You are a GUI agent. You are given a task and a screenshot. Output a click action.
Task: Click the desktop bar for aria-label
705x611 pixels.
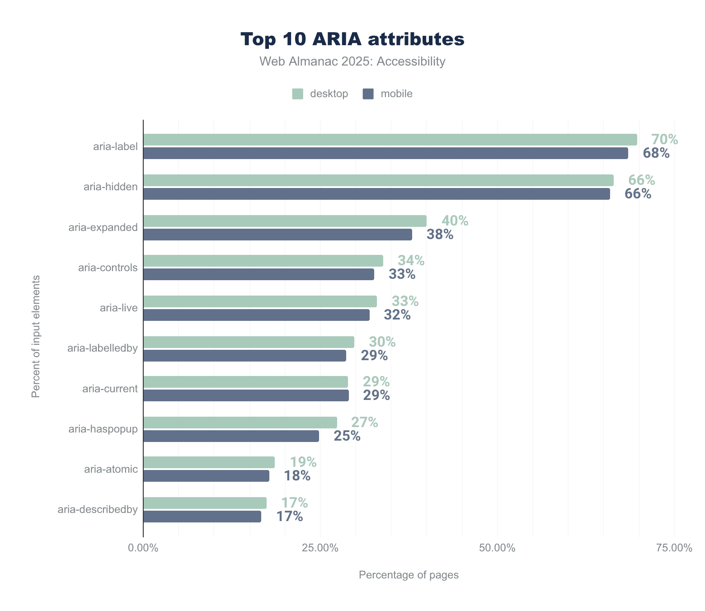(390, 140)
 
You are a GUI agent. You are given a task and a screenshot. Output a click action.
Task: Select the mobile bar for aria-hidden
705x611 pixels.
(376, 194)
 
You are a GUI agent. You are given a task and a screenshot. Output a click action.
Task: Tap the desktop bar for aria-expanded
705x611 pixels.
(285, 221)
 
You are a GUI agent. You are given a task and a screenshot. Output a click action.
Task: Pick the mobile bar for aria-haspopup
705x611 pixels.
(231, 436)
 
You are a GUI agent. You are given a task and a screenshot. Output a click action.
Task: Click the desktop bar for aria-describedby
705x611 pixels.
(205, 503)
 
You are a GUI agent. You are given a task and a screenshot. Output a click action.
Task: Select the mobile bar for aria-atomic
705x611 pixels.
(206, 476)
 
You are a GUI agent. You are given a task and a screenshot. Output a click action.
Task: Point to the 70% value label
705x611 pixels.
(664, 140)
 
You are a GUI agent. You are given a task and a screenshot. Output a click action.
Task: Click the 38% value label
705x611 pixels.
(440, 235)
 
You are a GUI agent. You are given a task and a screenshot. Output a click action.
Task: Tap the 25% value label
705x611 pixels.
(347, 436)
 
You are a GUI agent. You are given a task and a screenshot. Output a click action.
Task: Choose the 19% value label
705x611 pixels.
(303, 462)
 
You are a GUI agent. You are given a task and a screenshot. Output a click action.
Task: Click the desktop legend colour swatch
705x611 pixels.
(297, 94)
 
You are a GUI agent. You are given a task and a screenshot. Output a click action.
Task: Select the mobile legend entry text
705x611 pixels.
(396, 94)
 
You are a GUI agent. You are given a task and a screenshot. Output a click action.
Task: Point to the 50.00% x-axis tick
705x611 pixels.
(497, 548)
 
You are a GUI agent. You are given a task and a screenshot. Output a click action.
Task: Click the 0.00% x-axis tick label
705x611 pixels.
(143, 548)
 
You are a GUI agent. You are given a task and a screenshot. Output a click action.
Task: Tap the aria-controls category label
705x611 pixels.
(108, 268)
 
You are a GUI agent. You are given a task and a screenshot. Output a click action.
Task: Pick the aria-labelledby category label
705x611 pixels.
(102, 348)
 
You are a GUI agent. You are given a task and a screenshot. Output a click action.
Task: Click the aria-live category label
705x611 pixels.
(118, 308)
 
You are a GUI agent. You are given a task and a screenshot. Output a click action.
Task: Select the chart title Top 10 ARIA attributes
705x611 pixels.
(352, 39)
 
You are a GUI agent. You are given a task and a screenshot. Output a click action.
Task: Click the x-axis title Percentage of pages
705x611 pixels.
(409, 575)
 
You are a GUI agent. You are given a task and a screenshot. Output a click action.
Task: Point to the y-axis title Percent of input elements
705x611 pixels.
(36, 337)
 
